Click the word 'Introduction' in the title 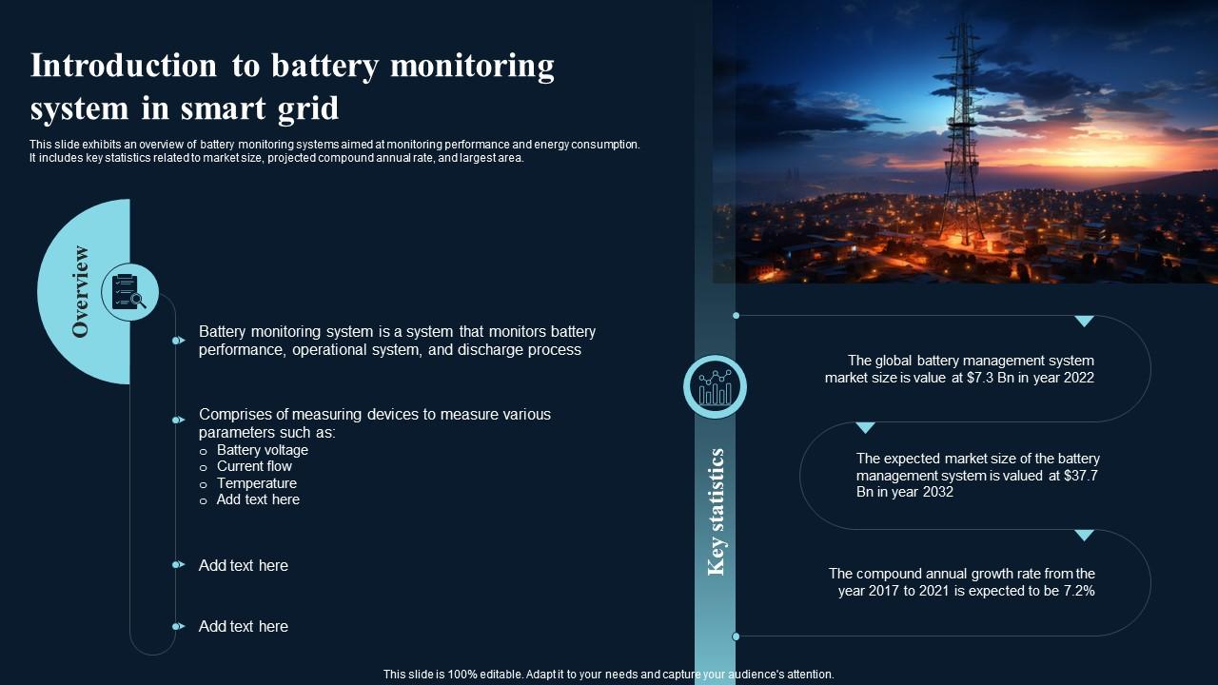(x=124, y=67)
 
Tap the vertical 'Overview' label (x=81, y=291)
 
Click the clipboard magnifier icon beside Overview (x=129, y=292)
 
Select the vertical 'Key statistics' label (x=717, y=512)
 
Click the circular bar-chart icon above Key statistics (x=715, y=387)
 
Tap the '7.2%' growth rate (x=1075, y=591)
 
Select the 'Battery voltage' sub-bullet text (x=263, y=450)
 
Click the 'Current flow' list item (x=254, y=466)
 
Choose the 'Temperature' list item (x=257, y=483)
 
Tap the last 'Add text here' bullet (x=243, y=626)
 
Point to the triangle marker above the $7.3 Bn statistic (x=1084, y=322)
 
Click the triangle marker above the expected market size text (x=865, y=428)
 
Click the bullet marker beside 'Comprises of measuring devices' (x=178, y=420)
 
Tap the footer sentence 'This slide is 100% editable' (x=608, y=674)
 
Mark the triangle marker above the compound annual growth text (x=1084, y=536)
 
